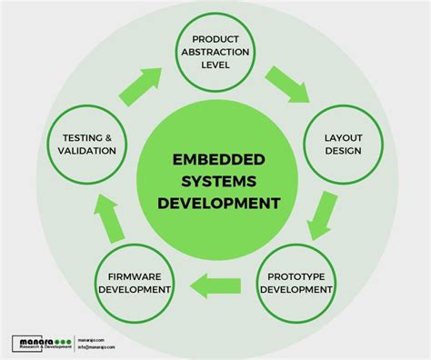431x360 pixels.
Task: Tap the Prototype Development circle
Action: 296,283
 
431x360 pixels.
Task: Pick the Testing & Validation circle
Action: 89,144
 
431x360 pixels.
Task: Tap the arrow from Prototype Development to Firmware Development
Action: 216,287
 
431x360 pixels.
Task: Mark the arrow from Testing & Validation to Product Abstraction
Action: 137,86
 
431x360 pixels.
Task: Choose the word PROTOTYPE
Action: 296,276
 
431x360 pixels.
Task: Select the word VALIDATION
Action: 89,151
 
